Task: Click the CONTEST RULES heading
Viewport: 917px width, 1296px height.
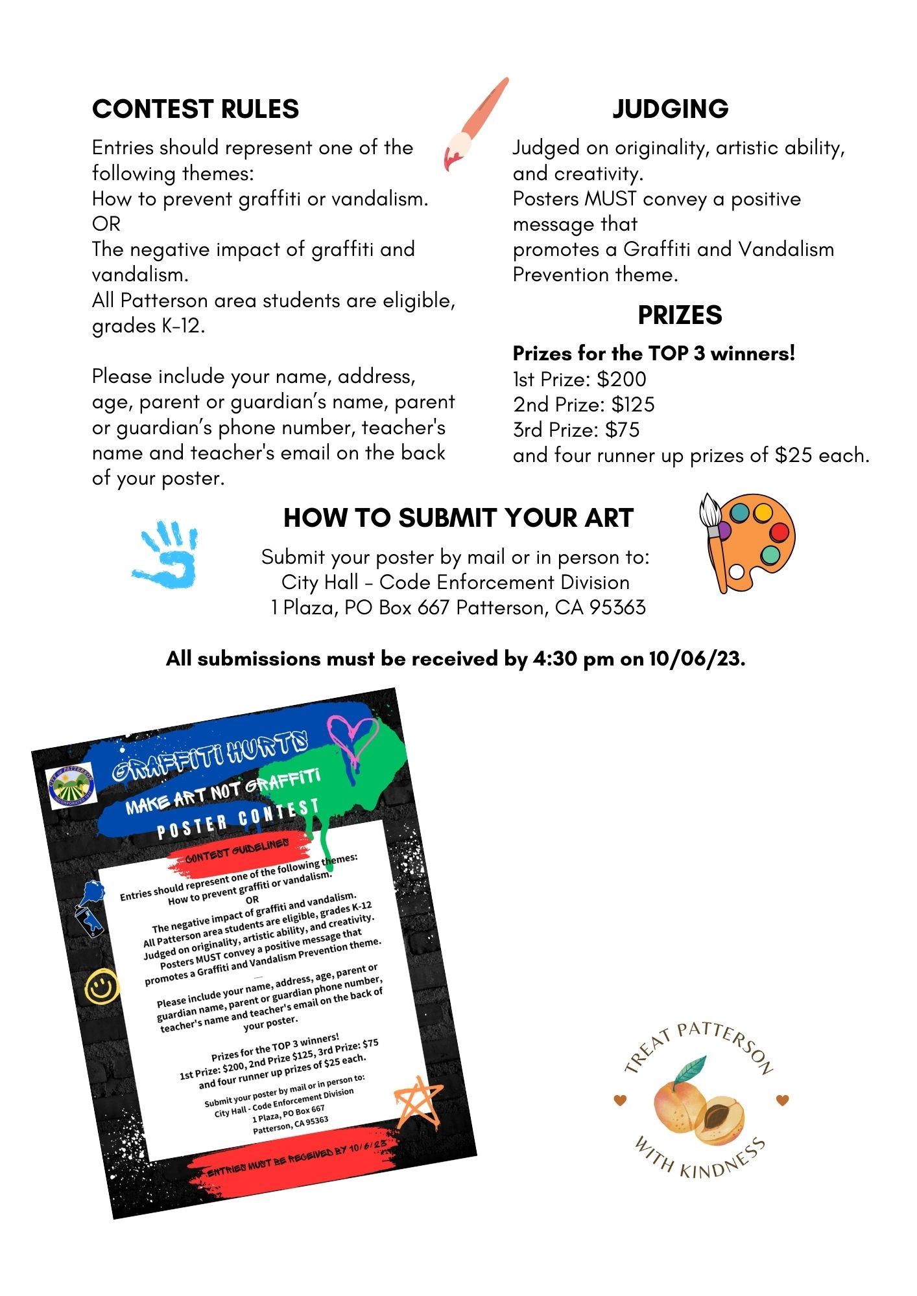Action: (x=195, y=109)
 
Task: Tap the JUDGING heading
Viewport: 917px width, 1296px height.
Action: (x=670, y=109)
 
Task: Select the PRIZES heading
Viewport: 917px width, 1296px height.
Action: (x=680, y=315)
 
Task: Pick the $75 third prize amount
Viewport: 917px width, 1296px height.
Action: (x=623, y=430)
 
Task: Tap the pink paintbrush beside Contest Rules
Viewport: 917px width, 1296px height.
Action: (x=475, y=123)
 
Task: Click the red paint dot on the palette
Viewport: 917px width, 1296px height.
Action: (x=778, y=533)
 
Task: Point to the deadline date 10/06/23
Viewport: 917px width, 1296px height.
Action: (x=697, y=659)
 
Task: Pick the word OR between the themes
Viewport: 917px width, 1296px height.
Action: (x=106, y=224)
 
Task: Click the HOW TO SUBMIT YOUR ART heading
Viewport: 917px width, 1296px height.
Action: (x=458, y=518)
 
